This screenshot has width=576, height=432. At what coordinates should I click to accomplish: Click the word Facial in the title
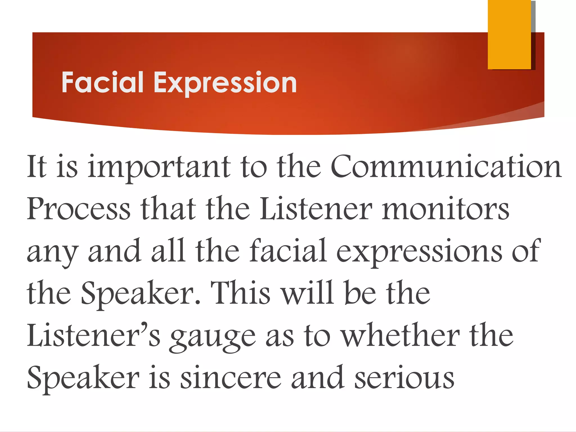(x=102, y=82)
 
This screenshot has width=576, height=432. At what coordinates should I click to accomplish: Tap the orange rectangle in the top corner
(x=509, y=34)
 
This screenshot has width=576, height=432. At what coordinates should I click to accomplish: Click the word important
(x=159, y=167)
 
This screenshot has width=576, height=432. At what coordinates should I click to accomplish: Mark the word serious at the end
(x=404, y=378)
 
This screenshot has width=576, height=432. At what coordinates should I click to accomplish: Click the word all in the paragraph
(x=168, y=251)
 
